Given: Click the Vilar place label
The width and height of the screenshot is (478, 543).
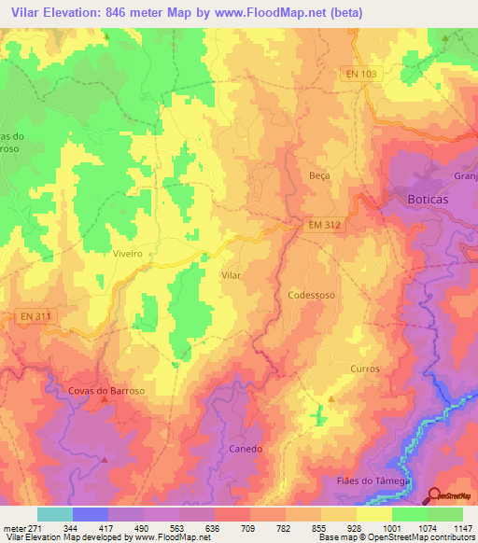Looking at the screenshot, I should (x=231, y=276).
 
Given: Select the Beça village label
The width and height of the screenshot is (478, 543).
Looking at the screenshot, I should (x=319, y=175).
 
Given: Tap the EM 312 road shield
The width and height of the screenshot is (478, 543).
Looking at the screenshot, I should (x=327, y=224).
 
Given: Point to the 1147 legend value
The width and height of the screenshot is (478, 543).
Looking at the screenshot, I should (x=462, y=528).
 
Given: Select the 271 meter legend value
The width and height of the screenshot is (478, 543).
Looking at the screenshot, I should (x=36, y=528).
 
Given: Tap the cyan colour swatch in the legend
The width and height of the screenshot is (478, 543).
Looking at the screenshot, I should (x=54, y=514).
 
